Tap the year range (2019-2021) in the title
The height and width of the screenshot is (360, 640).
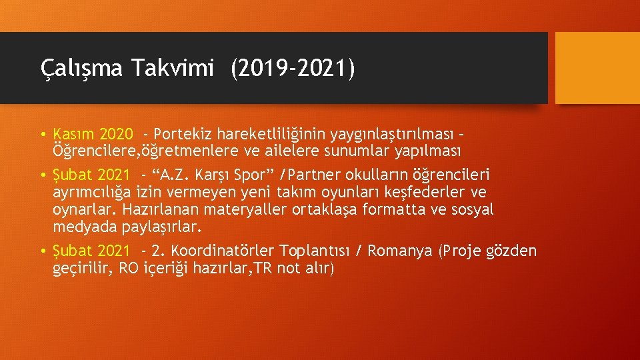(293, 68)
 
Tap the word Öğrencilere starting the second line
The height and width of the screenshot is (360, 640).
(93, 151)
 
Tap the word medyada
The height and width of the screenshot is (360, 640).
(85, 227)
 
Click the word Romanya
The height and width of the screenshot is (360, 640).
(400, 251)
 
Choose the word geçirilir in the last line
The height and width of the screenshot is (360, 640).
(83, 269)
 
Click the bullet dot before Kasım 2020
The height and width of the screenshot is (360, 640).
(43, 135)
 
